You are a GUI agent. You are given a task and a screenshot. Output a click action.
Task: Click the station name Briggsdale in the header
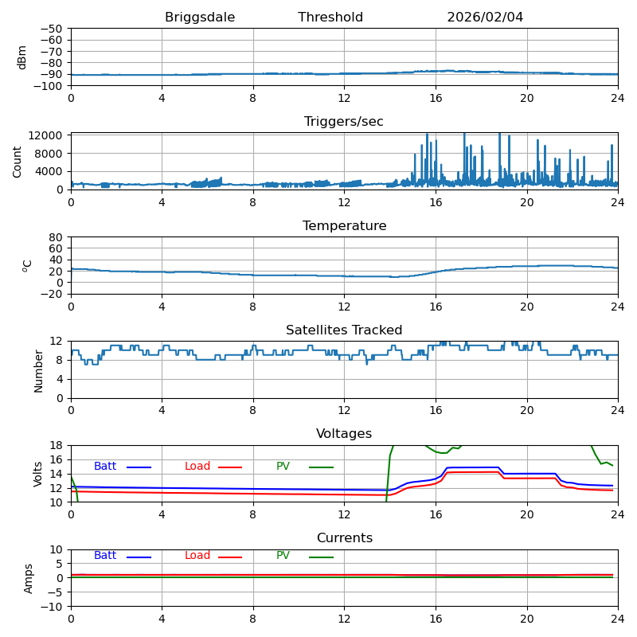click(x=200, y=18)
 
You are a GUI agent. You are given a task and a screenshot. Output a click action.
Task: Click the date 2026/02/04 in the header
click(x=485, y=18)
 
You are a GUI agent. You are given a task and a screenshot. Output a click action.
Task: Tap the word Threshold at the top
click(x=330, y=18)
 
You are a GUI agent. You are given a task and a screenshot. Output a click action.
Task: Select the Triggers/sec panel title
click(x=344, y=122)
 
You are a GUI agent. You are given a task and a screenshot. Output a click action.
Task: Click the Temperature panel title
click(x=344, y=226)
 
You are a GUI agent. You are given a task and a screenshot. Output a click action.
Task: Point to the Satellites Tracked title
click(x=344, y=330)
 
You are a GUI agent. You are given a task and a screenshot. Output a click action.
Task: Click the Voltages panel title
click(x=344, y=434)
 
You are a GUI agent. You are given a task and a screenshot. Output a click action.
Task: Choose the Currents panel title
click(x=344, y=538)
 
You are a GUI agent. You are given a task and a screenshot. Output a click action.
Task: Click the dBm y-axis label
click(x=22, y=57)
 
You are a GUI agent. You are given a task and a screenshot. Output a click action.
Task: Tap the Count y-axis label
click(x=18, y=161)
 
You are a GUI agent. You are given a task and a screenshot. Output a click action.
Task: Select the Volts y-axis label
click(x=38, y=473)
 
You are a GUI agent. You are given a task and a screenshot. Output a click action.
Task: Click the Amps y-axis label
click(x=29, y=577)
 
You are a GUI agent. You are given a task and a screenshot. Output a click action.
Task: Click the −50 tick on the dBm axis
click(x=53, y=29)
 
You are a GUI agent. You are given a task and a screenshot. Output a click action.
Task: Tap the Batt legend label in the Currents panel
click(x=105, y=556)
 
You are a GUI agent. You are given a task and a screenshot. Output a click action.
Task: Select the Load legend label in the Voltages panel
click(x=197, y=467)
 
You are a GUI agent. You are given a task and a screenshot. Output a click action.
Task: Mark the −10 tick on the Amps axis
click(x=53, y=607)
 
